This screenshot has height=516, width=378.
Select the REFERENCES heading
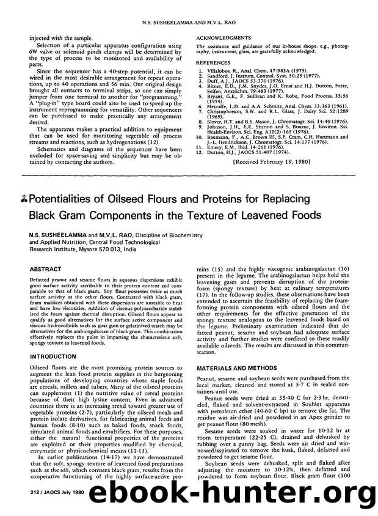click(213, 62)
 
